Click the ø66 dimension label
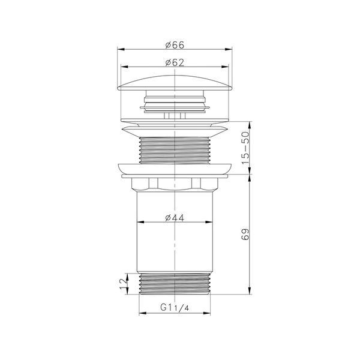pyautogui.click(x=175, y=45)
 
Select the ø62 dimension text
pyautogui.click(x=175, y=62)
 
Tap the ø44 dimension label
pyautogui.click(x=175, y=218)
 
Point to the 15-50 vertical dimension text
pyautogui.click(x=245, y=148)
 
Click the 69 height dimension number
pyautogui.click(x=245, y=234)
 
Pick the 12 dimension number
pyautogui.click(x=123, y=284)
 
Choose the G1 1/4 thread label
pyautogui.click(x=175, y=307)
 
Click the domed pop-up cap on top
pyautogui.click(x=175, y=83)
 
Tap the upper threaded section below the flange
pyautogui.click(x=175, y=150)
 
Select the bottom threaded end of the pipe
pyautogui.click(x=175, y=284)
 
